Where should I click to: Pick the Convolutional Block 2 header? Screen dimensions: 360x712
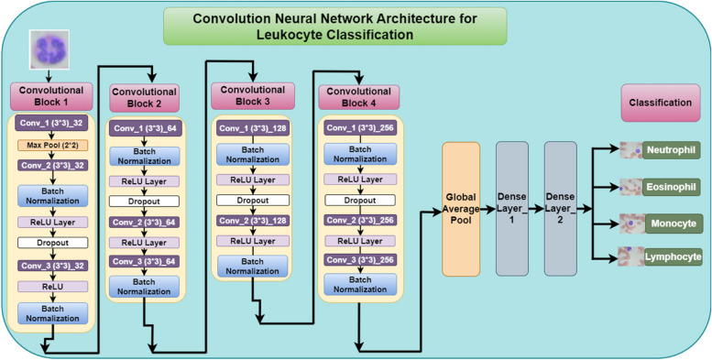pyautogui.click(x=148, y=98)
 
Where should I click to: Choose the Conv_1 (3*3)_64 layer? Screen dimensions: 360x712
pyautogui.click(x=148, y=129)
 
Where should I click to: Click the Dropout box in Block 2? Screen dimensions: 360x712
pyautogui.click(x=148, y=201)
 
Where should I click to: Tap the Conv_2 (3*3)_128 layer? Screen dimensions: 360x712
pyautogui.click(x=253, y=221)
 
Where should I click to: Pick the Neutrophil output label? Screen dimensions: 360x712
pyautogui.click(x=670, y=149)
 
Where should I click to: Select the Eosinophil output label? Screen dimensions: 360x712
pyautogui.click(x=671, y=186)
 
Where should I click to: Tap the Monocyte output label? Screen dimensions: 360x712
pyautogui.click(x=669, y=223)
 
